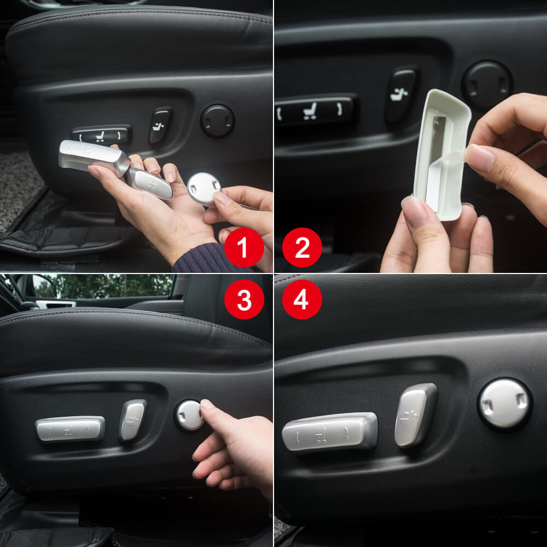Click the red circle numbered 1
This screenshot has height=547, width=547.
click(x=244, y=247)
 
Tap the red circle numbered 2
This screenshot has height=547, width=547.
click(x=302, y=247)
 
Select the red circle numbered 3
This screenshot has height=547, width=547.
click(x=244, y=299)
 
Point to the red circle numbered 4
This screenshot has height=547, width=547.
click(x=302, y=299)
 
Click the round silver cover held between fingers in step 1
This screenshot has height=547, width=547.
click(x=203, y=188)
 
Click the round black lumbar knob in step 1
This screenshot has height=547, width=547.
click(x=217, y=121)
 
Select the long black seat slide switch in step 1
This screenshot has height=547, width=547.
click(x=102, y=134)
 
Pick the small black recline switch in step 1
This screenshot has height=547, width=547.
click(x=161, y=125)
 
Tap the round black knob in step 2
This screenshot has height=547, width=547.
click(x=487, y=84)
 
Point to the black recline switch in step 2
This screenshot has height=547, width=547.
click(x=401, y=94)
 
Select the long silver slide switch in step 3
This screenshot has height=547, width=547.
click(x=70, y=428)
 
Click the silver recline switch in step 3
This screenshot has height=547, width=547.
click(x=133, y=420)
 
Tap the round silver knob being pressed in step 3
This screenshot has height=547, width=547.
click(x=189, y=415)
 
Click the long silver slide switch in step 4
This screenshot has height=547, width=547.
click(x=329, y=432)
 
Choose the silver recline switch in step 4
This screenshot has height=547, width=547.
click(x=416, y=415)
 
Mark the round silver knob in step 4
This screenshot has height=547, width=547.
click(x=504, y=404)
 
